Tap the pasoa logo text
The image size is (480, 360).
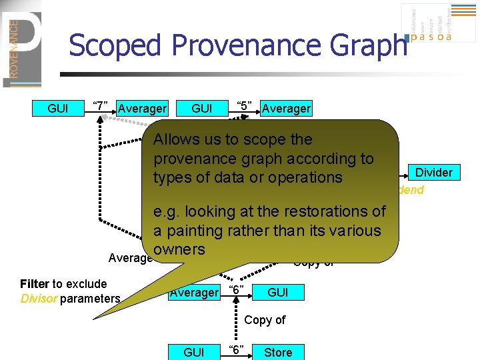[432, 37]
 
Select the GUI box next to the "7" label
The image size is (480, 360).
[57, 108]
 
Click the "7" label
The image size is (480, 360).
[101, 106]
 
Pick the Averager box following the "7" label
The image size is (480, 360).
[142, 108]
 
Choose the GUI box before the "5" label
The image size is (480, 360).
[201, 108]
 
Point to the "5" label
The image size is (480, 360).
[245, 106]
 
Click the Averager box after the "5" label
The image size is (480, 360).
[286, 108]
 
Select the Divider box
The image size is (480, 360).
[433, 173]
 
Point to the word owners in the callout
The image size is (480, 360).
[179, 249]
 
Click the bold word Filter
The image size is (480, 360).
[34, 284]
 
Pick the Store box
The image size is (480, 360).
[278, 352]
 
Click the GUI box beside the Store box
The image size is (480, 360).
[193, 352]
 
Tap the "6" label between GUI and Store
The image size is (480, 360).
[236, 349]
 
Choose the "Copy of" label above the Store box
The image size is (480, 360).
[265, 320]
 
